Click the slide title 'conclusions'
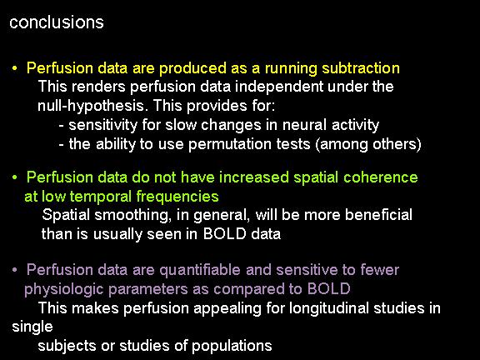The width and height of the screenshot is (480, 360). (57, 22)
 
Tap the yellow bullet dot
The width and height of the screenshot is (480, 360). (14, 68)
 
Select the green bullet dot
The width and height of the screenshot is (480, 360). (14, 177)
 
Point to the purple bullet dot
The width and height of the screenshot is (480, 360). (14, 270)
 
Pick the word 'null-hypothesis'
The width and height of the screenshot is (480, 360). (91, 106)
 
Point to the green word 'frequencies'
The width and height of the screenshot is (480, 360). (177, 197)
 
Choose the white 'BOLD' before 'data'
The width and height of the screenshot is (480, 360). (225, 234)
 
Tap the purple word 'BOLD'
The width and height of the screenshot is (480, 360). (328, 288)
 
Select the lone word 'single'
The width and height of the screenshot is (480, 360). (32, 327)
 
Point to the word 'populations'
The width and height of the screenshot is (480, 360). (232, 346)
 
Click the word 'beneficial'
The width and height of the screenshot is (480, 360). (378, 215)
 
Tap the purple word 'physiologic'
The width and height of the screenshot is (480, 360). (63, 289)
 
